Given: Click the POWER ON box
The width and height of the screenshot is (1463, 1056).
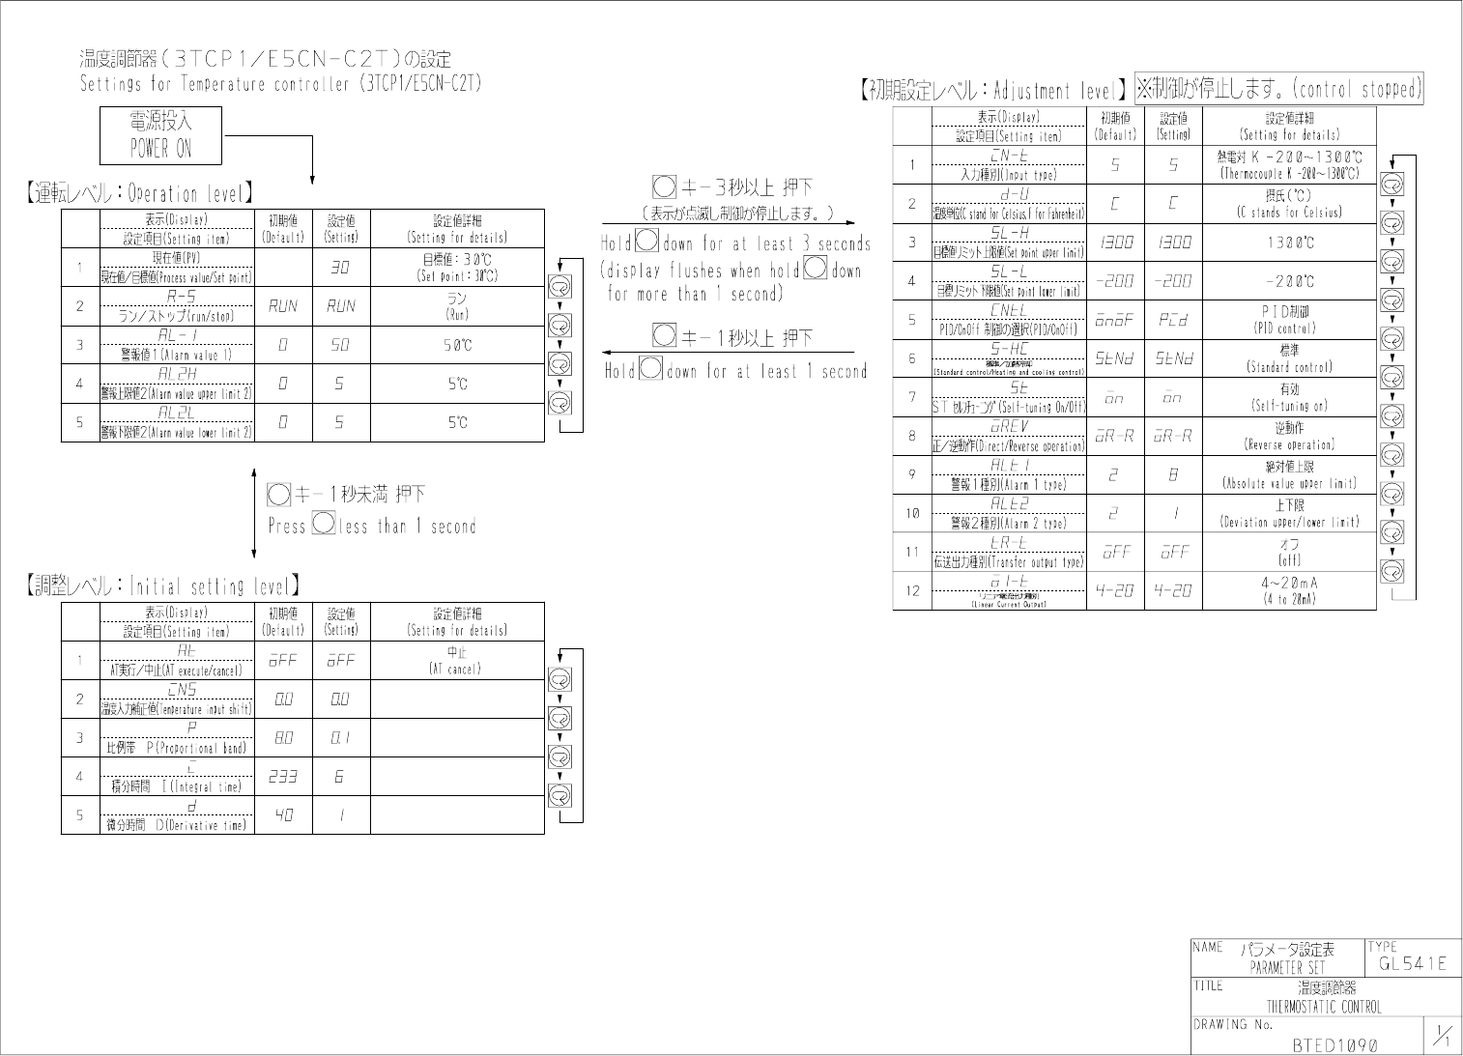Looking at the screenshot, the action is click(161, 135).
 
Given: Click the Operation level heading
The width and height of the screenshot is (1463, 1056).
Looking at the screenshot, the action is click(141, 193).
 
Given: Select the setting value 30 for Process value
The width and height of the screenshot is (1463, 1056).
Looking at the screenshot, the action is click(340, 268).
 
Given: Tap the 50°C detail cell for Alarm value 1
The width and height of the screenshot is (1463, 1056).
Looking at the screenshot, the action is click(457, 345).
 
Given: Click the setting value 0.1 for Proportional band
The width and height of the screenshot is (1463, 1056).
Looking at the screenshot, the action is click(340, 738).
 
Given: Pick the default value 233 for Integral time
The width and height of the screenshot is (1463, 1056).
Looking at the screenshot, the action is click(283, 777).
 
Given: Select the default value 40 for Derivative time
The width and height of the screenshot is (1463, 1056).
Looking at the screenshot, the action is click(283, 815).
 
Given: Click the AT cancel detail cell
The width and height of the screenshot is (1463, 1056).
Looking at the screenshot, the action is click(457, 661).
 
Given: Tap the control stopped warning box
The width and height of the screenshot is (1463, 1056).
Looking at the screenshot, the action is click(1278, 90).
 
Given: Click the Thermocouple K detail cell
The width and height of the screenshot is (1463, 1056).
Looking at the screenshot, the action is click(1289, 165).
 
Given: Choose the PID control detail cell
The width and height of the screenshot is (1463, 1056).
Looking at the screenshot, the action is click(1289, 320).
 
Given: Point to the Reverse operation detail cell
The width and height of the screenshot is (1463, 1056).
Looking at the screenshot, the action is click(1289, 436).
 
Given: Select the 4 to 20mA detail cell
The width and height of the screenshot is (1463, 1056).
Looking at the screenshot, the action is click(1289, 590).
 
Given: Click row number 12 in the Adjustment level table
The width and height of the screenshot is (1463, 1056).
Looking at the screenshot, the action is click(911, 591).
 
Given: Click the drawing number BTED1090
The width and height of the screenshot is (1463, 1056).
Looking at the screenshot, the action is click(1334, 1044).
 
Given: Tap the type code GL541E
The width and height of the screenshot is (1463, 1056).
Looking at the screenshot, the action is click(1412, 963).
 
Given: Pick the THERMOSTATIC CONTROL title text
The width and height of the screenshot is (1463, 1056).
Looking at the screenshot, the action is click(1324, 1006).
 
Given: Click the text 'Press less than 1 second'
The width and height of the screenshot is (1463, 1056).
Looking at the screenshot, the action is click(372, 527).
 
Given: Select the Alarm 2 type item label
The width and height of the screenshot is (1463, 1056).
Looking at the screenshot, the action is click(1008, 523).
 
